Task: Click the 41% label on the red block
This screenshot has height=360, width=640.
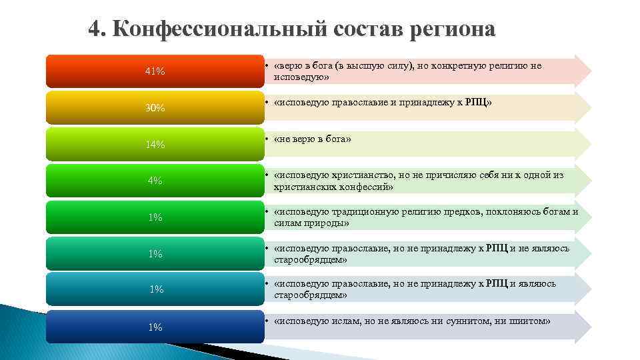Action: click(155, 71)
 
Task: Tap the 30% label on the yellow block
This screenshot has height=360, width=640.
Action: click(155, 108)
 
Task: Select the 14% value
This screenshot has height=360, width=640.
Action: click(155, 145)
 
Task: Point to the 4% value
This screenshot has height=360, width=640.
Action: click(155, 181)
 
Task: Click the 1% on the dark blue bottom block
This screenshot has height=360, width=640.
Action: click(155, 327)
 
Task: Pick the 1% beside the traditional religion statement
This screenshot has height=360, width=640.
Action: click(155, 217)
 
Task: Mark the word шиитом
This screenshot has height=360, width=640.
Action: click(526, 321)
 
